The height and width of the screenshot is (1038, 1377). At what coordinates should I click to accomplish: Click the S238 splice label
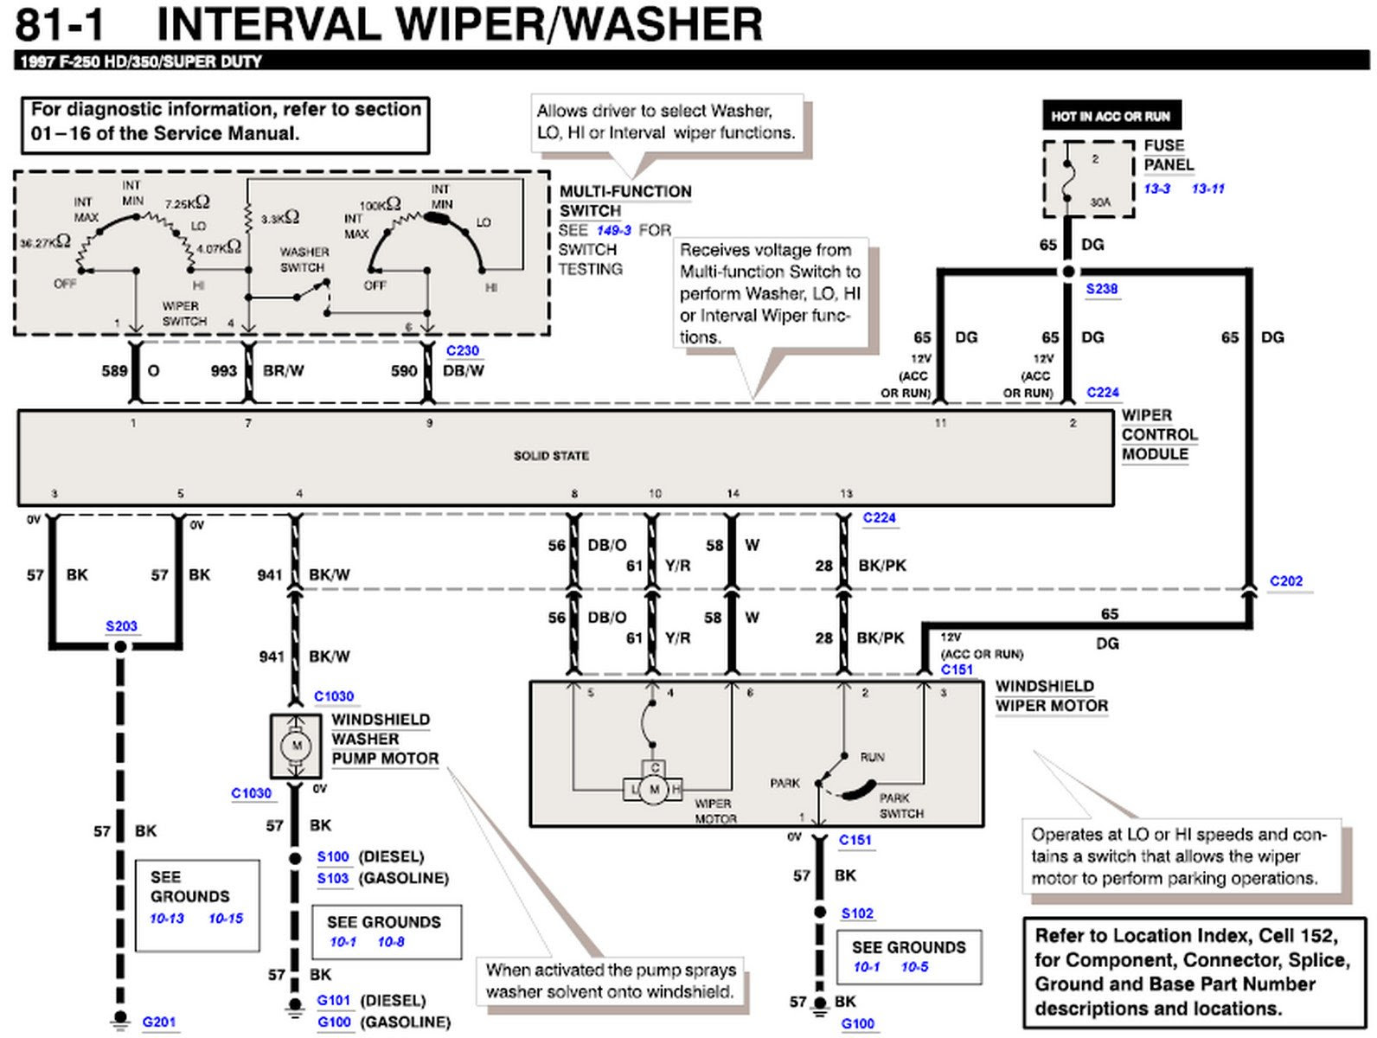[x=1102, y=289]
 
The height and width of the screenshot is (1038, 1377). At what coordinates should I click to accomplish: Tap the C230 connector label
[x=463, y=350]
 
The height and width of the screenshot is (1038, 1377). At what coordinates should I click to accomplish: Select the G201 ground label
[x=159, y=1022]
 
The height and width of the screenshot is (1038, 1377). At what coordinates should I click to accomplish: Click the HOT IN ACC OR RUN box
[x=1111, y=116]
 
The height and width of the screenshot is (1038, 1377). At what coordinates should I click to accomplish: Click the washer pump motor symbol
[x=297, y=746]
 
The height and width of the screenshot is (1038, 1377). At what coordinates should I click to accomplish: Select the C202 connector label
[x=1285, y=581]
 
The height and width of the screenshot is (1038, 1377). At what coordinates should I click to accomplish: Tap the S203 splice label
[x=121, y=626]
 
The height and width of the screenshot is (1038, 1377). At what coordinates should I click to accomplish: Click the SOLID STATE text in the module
[x=551, y=456]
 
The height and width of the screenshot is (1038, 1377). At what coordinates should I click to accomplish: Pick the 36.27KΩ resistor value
[x=45, y=242]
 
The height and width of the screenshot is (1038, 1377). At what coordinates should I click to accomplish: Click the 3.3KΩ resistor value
[x=280, y=218]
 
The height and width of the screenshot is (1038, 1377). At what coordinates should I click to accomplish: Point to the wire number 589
[x=114, y=371]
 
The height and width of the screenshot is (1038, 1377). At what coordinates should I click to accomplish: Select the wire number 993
[x=223, y=371]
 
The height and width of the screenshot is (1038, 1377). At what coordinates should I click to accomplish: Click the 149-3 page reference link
[x=613, y=231]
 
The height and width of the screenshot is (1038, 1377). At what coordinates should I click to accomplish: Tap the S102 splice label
[x=857, y=913]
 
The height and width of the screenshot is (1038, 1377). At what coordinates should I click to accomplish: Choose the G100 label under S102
[x=858, y=1024]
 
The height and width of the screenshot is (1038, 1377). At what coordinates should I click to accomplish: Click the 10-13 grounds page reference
[x=167, y=919]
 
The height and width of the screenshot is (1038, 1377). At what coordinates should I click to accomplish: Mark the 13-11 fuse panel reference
[x=1207, y=189]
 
